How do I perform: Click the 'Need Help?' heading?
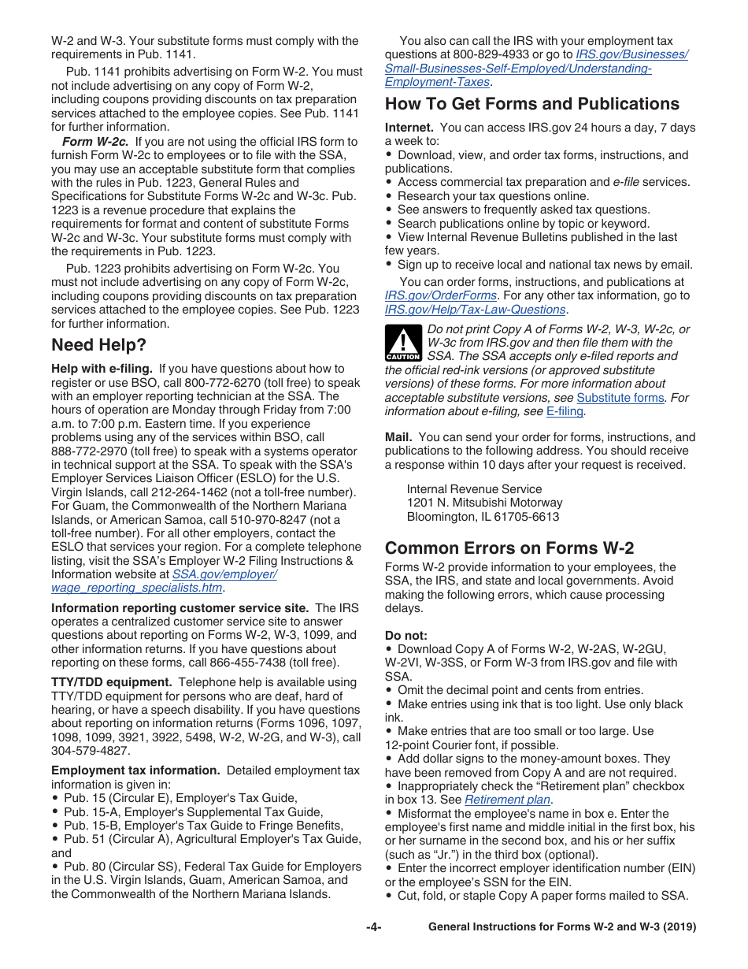click(x=98, y=345)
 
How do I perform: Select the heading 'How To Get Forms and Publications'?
click(x=531, y=104)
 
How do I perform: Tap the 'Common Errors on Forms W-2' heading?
click(x=509, y=548)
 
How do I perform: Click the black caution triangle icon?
click(x=402, y=343)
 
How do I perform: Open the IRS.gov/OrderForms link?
click(x=440, y=295)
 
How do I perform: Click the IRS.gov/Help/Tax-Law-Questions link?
click(x=475, y=310)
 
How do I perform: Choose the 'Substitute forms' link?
click(x=620, y=398)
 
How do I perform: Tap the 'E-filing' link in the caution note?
click(x=565, y=411)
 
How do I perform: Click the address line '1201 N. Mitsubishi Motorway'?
click(x=484, y=503)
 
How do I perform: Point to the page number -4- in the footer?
click(x=373, y=927)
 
